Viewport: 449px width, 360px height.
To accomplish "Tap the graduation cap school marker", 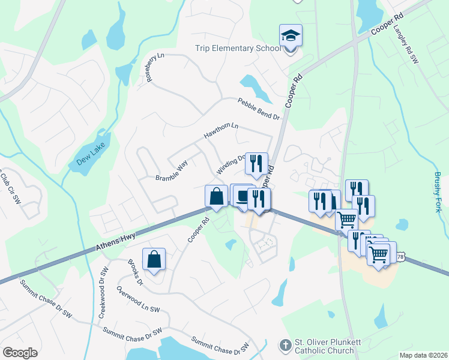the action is click(x=291, y=37).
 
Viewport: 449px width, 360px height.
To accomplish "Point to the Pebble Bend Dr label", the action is click(x=259, y=109).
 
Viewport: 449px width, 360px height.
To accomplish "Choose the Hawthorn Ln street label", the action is click(x=221, y=131).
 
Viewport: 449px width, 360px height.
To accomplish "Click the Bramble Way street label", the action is click(x=172, y=170).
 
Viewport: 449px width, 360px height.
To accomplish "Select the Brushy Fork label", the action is click(x=437, y=192).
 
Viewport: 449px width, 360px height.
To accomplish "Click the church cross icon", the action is click(x=285, y=346).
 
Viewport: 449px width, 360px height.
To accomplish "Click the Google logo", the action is click(x=20, y=353).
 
